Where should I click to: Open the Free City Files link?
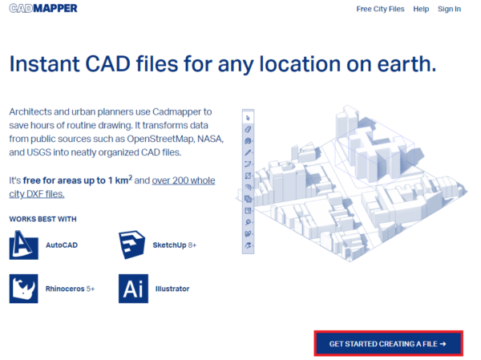click(381, 9)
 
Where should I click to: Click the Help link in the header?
click(421, 9)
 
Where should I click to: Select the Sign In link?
click(449, 9)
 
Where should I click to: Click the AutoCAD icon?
click(24, 245)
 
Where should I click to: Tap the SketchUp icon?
click(133, 245)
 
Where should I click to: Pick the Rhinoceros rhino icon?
click(24, 289)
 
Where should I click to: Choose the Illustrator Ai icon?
click(133, 289)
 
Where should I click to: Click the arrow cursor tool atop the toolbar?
click(248, 117)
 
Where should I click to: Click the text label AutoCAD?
click(62, 245)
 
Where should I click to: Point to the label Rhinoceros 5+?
click(71, 289)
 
